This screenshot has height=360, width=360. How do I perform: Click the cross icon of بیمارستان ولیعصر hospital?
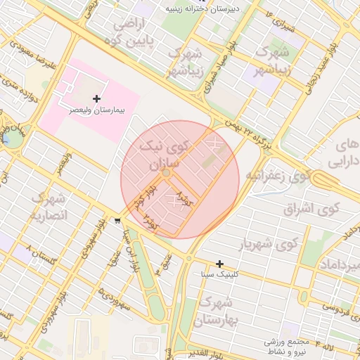pyautogui.click(x=96, y=99)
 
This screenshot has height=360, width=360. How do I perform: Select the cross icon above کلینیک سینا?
pyautogui.click(x=220, y=264)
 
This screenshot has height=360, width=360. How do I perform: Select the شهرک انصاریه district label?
pyautogui.click(x=48, y=207)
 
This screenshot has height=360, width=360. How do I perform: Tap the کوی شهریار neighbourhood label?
pyautogui.click(x=269, y=245)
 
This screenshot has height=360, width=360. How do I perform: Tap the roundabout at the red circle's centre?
pyautogui.click(x=166, y=173)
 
